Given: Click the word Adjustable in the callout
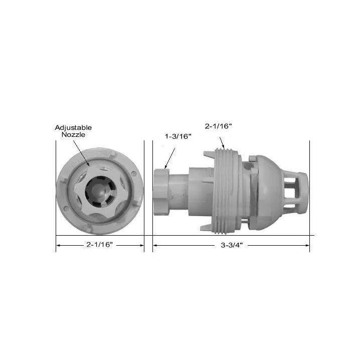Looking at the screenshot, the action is tap(73, 128).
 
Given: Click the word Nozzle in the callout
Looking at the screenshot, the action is tap(73, 134).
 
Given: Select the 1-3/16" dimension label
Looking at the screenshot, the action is tap(178, 136).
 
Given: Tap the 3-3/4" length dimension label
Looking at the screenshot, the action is tap(232, 245).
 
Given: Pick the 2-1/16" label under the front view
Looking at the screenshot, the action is tap(100, 245).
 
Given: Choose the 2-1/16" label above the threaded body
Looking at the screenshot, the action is tap(218, 126).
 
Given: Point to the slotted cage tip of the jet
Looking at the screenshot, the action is tap(295, 192).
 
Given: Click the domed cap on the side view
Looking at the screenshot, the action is tap(268, 192).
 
